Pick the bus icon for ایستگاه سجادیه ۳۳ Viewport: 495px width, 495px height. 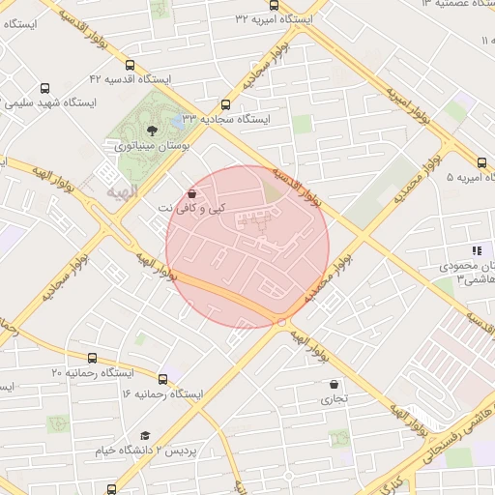pyautogui.click(x=226, y=104)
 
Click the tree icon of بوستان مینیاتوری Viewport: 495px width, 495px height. pyautogui.click(x=152, y=130)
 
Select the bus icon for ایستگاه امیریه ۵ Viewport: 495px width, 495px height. pyautogui.click(x=482, y=161)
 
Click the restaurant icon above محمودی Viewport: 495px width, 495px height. pyautogui.click(x=475, y=249)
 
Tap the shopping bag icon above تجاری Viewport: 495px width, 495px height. pyautogui.click(x=334, y=384)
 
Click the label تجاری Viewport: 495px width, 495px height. pyautogui.click(x=334, y=398)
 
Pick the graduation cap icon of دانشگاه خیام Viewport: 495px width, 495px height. pyautogui.click(x=144, y=436)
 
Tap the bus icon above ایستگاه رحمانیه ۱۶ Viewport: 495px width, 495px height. pyautogui.click(x=162, y=378)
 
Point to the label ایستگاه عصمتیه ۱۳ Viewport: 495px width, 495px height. pyautogui.click(x=455, y=5)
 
